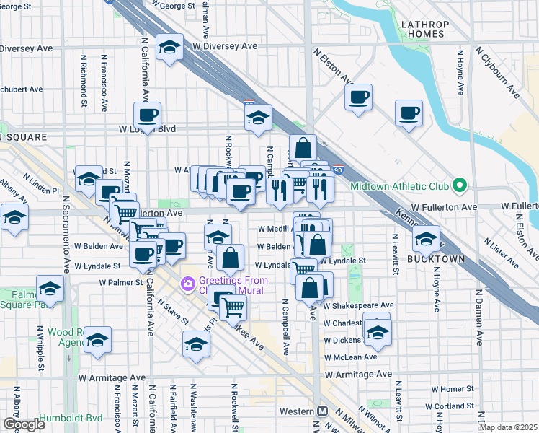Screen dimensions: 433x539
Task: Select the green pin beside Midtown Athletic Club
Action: pyautogui.click(x=459, y=186)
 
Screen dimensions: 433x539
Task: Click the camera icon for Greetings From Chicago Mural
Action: pyautogui.click(x=188, y=284)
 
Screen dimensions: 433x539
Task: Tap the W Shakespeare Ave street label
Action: pyautogui.click(x=358, y=305)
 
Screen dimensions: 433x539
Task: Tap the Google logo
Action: pyautogui.click(x=24, y=424)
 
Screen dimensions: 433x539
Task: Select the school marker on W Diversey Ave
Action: pyautogui.click(x=169, y=48)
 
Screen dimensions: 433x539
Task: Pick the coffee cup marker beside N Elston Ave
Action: pyautogui.click(x=358, y=97)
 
